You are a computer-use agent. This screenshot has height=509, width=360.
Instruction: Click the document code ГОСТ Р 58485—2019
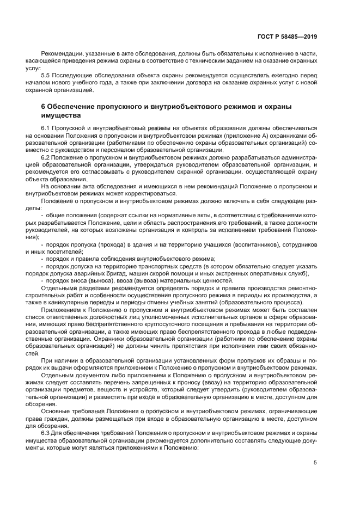point(290,36)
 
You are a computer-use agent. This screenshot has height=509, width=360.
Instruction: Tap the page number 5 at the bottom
point(315,463)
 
